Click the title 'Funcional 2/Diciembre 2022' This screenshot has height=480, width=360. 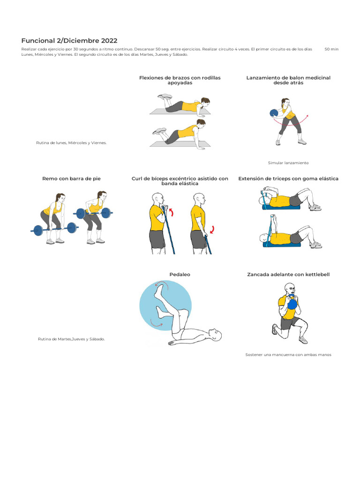pyautogui.click(x=69, y=41)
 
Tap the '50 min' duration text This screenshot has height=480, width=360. pyautogui.click(x=331, y=49)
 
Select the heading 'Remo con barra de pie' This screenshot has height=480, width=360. pyautogui.click(x=71, y=179)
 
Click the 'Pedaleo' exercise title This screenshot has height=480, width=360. pyautogui.click(x=180, y=274)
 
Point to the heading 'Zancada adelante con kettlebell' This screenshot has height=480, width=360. pyautogui.click(x=288, y=274)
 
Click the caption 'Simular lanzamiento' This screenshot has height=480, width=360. pyautogui.click(x=288, y=163)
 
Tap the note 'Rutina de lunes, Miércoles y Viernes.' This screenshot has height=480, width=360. pyautogui.click(x=71, y=142)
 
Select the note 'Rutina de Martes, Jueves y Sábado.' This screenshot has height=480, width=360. pyautogui.click(x=71, y=339)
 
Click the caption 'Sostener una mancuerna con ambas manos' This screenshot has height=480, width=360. pyautogui.click(x=288, y=355)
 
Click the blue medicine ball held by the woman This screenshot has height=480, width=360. pyautogui.click(x=274, y=113)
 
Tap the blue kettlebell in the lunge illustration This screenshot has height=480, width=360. pyautogui.click(x=292, y=304)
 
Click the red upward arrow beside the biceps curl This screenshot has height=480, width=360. pyautogui.click(x=171, y=212)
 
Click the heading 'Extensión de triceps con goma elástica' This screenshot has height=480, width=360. pyautogui.click(x=288, y=179)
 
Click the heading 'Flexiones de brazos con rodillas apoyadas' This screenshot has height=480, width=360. pyautogui.click(x=180, y=80)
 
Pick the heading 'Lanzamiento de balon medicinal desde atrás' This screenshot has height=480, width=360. pyautogui.click(x=288, y=80)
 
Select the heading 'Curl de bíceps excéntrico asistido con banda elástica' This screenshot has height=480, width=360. pyautogui.click(x=180, y=181)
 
